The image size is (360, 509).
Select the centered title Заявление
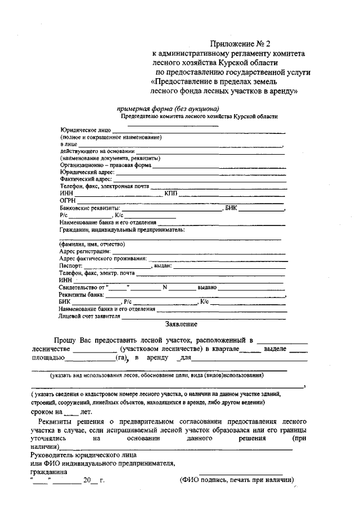point(181,324)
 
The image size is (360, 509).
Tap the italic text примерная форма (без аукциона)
point(168,109)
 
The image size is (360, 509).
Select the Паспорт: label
point(71,266)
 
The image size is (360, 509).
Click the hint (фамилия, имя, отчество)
point(92,244)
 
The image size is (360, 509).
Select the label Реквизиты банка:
point(82,295)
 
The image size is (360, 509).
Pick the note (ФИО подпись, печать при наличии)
point(237,480)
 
